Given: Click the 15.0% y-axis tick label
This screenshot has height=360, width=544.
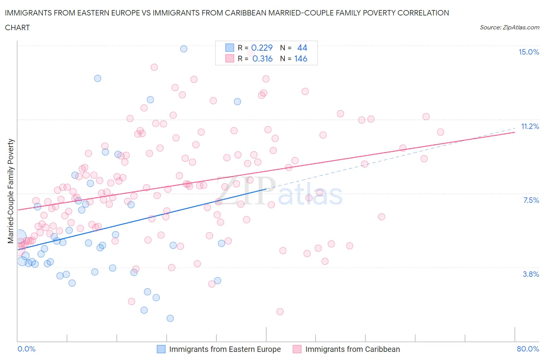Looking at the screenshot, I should [x=529, y=52].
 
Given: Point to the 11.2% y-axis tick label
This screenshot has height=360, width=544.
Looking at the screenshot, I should [x=530, y=126].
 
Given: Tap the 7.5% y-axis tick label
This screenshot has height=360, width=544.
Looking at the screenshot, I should [x=531, y=200].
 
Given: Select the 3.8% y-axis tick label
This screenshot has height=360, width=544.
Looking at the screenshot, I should [x=531, y=274].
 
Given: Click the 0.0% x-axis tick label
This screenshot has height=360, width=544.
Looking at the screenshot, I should [x=26, y=349].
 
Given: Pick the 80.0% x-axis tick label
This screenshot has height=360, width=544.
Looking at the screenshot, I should [x=528, y=349].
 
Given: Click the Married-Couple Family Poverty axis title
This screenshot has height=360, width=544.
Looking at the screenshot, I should [x=11, y=191].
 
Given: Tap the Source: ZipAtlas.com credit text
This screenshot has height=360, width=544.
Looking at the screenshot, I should [x=509, y=27].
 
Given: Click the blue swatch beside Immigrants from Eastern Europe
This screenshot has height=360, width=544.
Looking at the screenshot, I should [x=161, y=349].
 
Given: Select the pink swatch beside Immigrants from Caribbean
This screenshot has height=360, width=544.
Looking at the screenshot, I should [x=297, y=349].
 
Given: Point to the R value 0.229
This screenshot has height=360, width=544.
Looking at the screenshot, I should [x=262, y=48].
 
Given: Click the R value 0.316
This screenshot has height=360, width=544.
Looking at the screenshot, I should [x=262, y=58].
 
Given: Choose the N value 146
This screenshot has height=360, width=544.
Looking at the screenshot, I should [x=301, y=58].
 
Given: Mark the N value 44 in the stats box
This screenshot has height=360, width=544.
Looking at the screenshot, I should [x=302, y=48].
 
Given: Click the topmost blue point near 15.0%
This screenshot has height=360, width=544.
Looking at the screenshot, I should [x=184, y=49].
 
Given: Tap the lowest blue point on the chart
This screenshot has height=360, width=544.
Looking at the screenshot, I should [x=170, y=318].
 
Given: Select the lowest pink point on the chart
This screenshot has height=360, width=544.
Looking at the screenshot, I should [x=280, y=312].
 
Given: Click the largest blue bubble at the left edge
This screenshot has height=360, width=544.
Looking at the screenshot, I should [x=19, y=236].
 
